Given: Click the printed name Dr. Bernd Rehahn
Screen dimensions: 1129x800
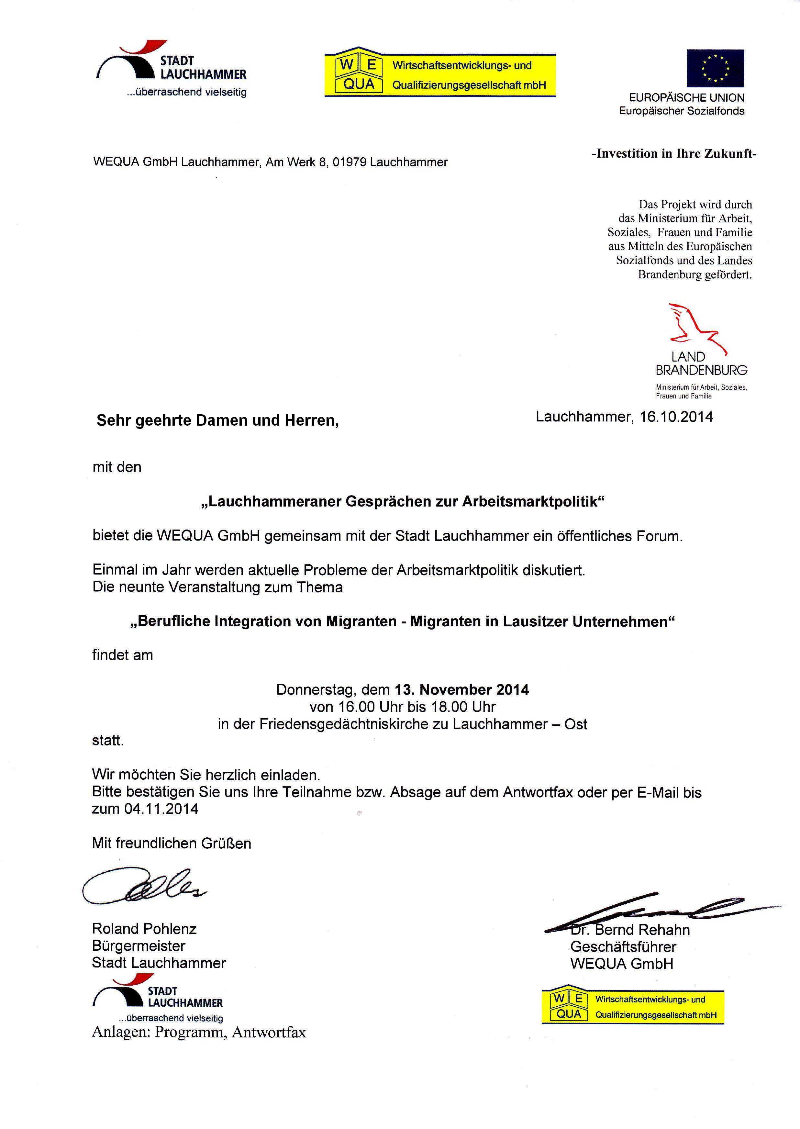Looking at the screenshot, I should point(630,930).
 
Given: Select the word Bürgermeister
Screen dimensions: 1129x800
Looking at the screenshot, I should point(139,946).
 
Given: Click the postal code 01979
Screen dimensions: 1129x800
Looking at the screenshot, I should point(349,162).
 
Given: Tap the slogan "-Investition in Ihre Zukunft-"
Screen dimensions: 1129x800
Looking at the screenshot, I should point(673,154).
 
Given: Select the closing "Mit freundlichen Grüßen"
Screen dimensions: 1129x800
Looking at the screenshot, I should point(172,843).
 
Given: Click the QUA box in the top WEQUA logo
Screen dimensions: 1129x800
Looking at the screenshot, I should point(359,84).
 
